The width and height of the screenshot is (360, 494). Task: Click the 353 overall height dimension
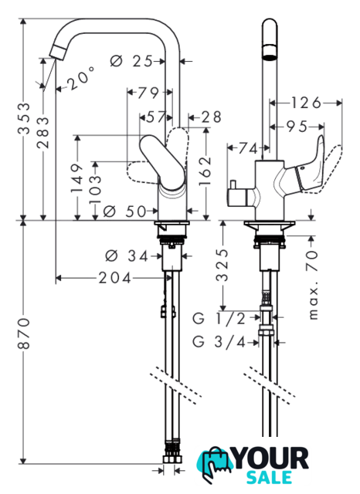click(x=25, y=118)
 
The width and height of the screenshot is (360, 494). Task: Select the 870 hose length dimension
click(x=25, y=333)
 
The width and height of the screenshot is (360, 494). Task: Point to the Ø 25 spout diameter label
click(x=131, y=61)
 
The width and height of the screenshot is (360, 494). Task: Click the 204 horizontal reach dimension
click(x=115, y=278)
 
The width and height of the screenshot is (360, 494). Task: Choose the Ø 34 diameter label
click(x=127, y=255)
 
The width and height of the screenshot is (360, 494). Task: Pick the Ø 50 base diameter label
click(x=125, y=211)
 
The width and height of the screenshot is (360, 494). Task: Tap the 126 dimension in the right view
click(x=306, y=103)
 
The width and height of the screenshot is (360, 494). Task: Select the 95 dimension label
click(x=297, y=127)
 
